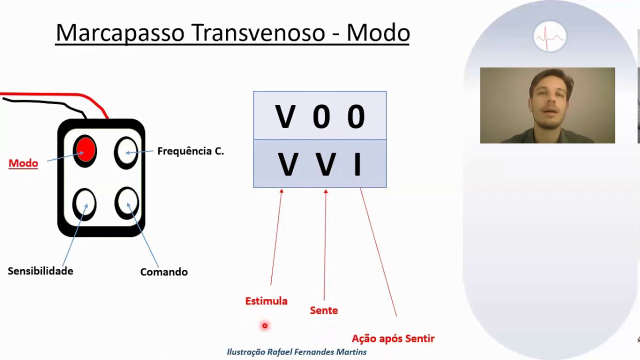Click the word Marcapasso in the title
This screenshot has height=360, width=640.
pos(120,33)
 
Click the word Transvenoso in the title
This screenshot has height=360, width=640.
pos(258,33)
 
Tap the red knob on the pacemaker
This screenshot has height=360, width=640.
pos(85,150)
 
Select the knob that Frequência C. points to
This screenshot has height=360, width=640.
pos(126,151)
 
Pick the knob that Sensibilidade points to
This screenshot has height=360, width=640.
pos(85,203)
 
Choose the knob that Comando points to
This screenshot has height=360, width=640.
pos(127,202)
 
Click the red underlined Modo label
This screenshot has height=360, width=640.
pos(23,163)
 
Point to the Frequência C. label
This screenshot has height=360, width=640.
pos(190,151)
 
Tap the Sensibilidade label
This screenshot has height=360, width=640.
pos(40,271)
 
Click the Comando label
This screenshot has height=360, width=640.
pos(164,272)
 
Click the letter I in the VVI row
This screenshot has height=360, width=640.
pos(357,164)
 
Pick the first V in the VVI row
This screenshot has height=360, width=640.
pos(287,164)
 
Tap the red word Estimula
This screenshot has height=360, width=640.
pos(266,301)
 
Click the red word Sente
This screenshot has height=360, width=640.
pos(324,310)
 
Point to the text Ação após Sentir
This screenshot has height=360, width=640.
pos(393,338)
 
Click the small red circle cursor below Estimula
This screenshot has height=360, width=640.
pos(265,326)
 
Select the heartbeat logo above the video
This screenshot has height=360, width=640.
pos(549,36)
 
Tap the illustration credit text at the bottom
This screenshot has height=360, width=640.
pos(296,352)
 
